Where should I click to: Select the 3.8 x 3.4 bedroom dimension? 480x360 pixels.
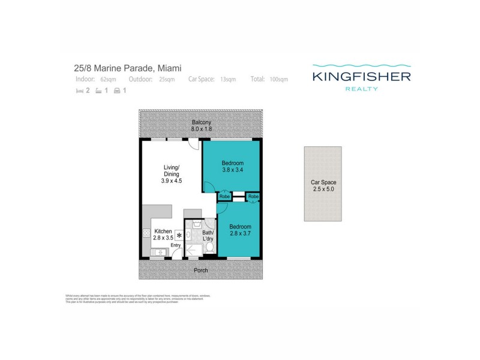[x=232, y=169]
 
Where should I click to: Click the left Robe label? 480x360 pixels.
[x=224, y=197]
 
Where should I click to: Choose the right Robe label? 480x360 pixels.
[x=253, y=197]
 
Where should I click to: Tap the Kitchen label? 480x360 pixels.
[x=163, y=232]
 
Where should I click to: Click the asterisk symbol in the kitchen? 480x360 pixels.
[x=179, y=236]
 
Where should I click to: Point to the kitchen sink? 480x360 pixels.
[x=158, y=253]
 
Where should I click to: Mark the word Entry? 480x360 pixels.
[x=176, y=245]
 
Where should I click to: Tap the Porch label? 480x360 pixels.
[x=200, y=270]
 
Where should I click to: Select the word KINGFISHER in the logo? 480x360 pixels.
[x=361, y=77]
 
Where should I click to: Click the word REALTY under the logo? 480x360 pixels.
[x=361, y=89]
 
